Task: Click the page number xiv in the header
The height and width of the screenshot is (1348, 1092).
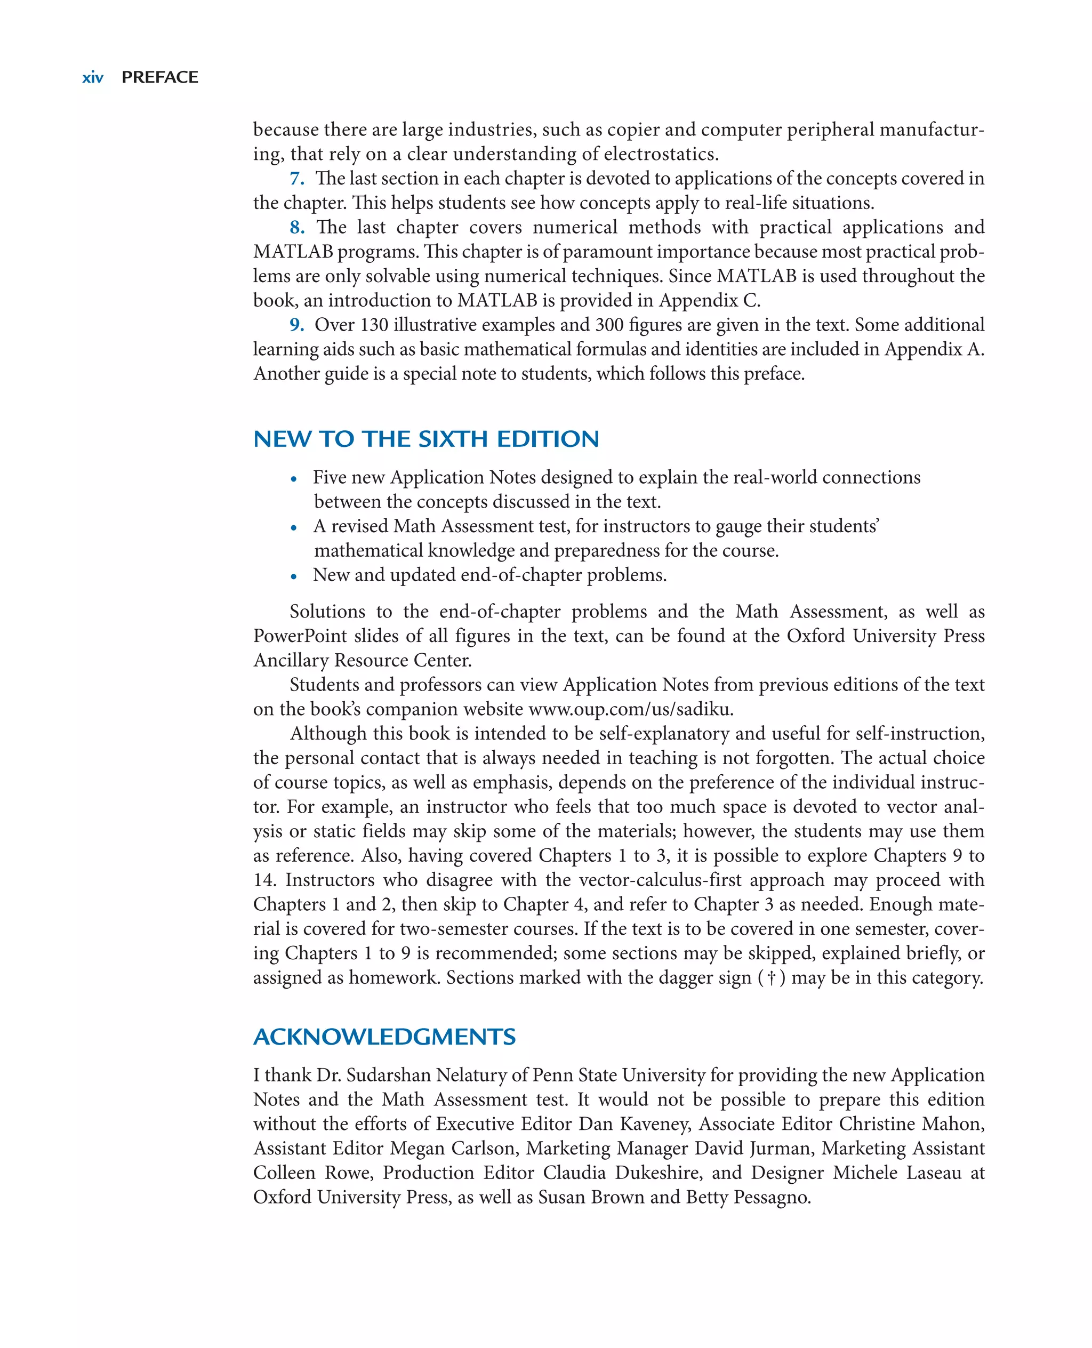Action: [92, 77]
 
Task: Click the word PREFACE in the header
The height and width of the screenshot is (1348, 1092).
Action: [160, 77]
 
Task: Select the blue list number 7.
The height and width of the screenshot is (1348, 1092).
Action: [297, 179]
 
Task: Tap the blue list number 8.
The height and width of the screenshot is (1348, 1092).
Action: [297, 227]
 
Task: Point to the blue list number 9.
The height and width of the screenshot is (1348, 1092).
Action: [297, 325]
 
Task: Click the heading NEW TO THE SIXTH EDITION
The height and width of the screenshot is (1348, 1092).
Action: [426, 439]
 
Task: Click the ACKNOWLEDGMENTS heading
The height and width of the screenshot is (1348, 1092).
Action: [384, 1037]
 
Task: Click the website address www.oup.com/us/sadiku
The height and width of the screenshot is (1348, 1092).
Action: [631, 710]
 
